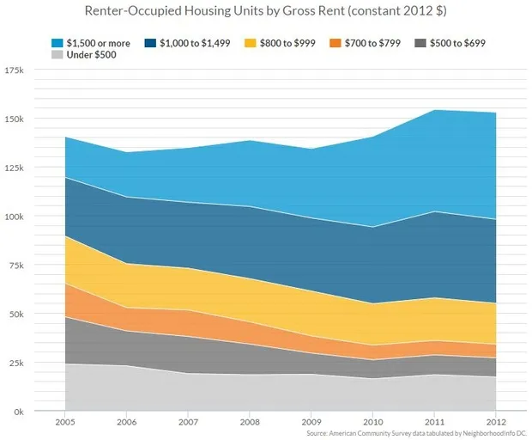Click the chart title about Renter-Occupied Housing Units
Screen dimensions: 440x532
point(266,13)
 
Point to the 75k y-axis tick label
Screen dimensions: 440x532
point(17,266)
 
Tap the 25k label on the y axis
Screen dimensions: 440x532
point(17,364)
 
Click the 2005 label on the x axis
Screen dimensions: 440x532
point(64,424)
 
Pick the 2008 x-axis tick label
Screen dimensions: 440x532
point(250,424)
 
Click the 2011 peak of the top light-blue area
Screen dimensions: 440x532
point(434,111)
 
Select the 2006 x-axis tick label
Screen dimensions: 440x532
point(126,424)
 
